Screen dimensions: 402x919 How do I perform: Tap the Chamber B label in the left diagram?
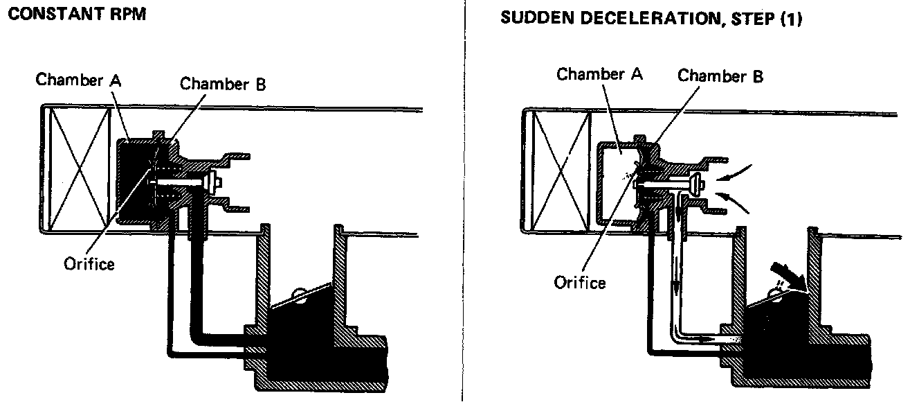coord(223,85)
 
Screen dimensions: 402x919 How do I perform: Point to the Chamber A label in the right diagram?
coord(599,74)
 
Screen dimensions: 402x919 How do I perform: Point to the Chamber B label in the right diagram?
coord(720,76)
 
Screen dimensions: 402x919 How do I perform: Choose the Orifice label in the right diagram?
coord(580,282)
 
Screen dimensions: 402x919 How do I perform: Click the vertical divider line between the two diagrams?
coord(462,201)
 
